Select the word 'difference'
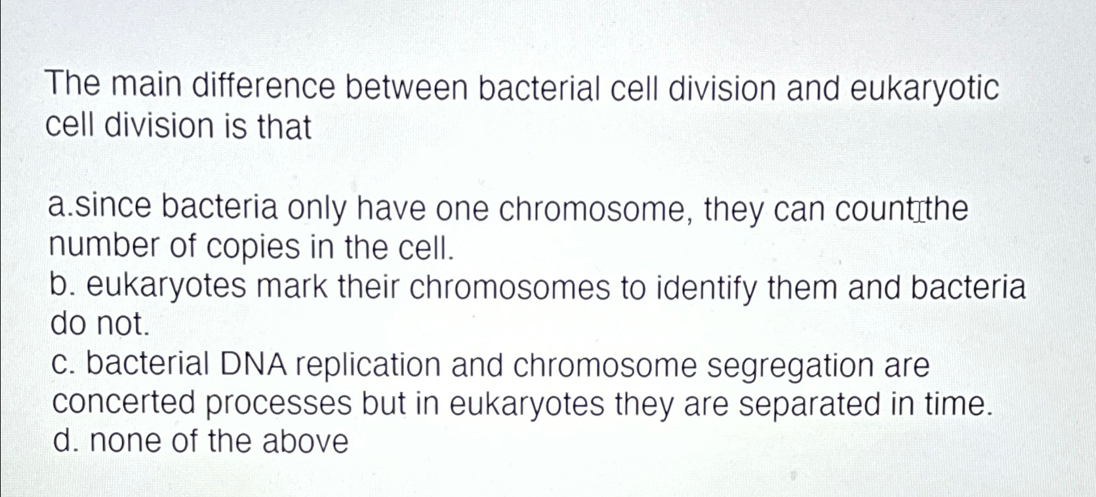263,88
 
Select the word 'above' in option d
305,441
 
